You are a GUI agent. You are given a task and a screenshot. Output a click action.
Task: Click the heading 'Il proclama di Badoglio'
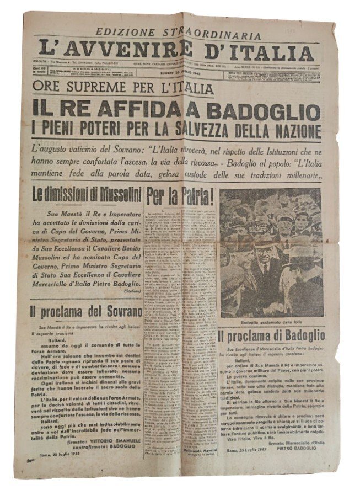271,336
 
